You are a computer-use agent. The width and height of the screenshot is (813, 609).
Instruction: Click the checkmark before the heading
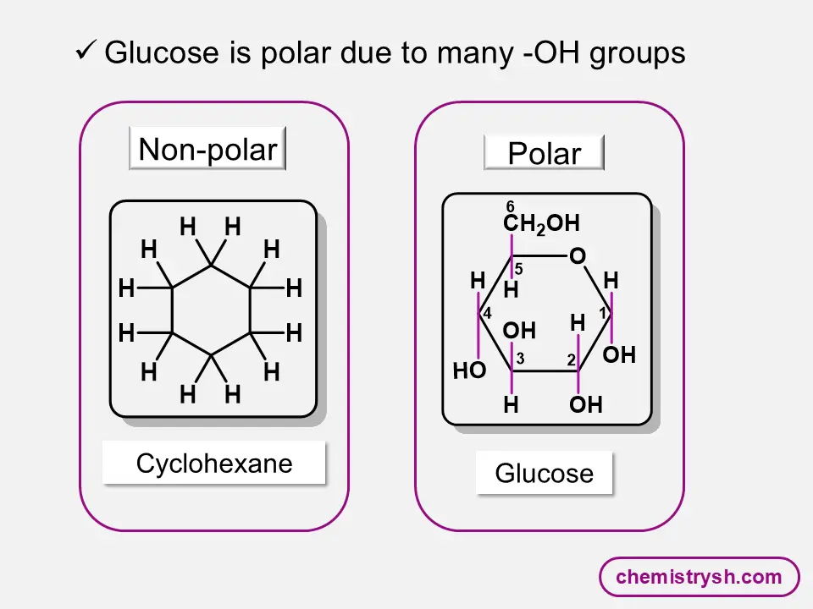(85, 52)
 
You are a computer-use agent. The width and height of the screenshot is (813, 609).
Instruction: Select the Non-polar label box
(207, 150)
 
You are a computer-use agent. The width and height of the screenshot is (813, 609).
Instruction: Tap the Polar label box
(544, 154)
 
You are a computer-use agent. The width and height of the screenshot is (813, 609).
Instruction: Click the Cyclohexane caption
(214, 464)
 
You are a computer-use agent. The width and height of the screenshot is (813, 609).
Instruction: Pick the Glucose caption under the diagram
(544, 474)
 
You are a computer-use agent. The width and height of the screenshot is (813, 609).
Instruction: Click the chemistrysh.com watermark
(699, 578)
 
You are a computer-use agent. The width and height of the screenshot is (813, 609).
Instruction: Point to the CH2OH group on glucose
(541, 224)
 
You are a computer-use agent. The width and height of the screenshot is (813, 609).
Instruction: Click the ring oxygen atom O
(578, 256)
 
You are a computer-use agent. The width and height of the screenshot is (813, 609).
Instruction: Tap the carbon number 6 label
(511, 207)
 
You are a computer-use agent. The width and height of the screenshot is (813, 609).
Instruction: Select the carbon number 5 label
(519, 270)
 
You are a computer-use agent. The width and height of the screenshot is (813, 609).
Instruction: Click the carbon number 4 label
(487, 314)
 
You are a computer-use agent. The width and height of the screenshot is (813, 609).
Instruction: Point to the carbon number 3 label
(520, 359)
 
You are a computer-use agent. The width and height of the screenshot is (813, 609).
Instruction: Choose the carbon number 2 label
(572, 360)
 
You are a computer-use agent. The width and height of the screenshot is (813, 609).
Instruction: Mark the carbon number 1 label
(604, 313)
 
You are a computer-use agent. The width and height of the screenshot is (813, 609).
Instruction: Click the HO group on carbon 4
(470, 370)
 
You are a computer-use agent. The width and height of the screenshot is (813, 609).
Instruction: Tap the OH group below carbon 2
(585, 406)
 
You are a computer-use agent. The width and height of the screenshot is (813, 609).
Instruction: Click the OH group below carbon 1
(619, 355)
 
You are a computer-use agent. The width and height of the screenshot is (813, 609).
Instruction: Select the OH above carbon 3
(519, 331)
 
